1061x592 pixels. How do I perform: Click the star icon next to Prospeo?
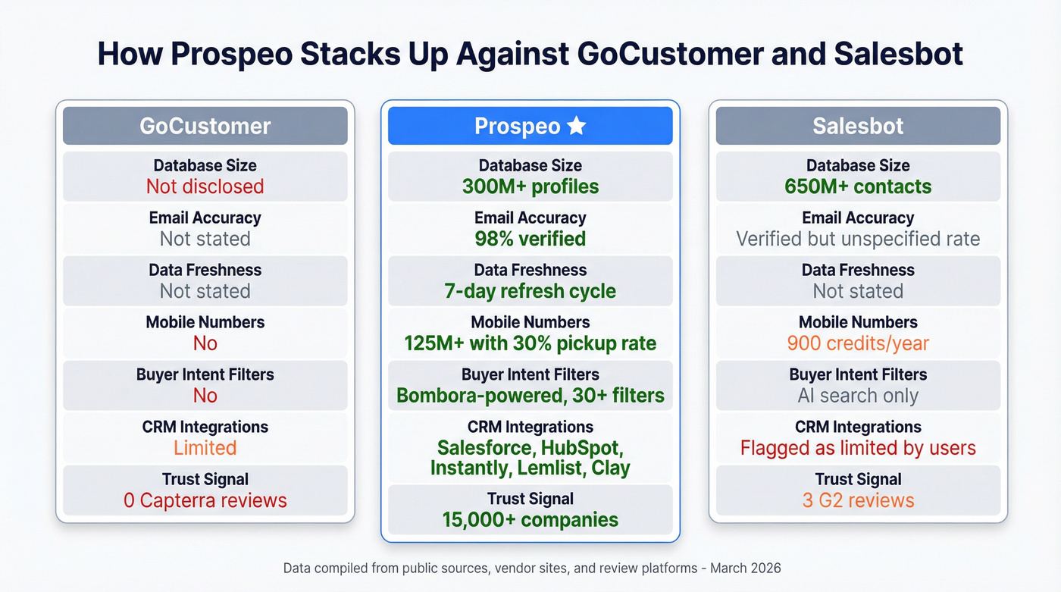[x=577, y=126]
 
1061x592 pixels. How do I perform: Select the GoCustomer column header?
[x=205, y=126]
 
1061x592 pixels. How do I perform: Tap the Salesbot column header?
[x=858, y=126]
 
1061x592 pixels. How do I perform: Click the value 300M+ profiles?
[x=530, y=186]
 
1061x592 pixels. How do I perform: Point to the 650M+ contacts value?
[x=858, y=186]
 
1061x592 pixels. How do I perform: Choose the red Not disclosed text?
[x=205, y=186]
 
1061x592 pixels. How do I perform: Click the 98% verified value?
[x=530, y=239]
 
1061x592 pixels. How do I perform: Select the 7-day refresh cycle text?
[x=530, y=291]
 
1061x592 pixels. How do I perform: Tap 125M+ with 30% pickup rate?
[x=530, y=343]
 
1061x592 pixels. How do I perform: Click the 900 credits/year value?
[x=858, y=343]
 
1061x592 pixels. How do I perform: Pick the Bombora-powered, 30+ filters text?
[x=530, y=396]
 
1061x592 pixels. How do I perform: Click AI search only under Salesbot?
[x=858, y=396]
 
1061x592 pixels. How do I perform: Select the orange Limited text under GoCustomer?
[x=205, y=448]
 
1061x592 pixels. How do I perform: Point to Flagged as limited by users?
[x=858, y=448]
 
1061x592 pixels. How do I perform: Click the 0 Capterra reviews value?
[x=205, y=500]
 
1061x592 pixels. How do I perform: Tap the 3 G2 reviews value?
[x=858, y=500]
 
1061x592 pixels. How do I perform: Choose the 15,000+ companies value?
[x=530, y=520]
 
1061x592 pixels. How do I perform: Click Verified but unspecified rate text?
[x=858, y=239]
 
